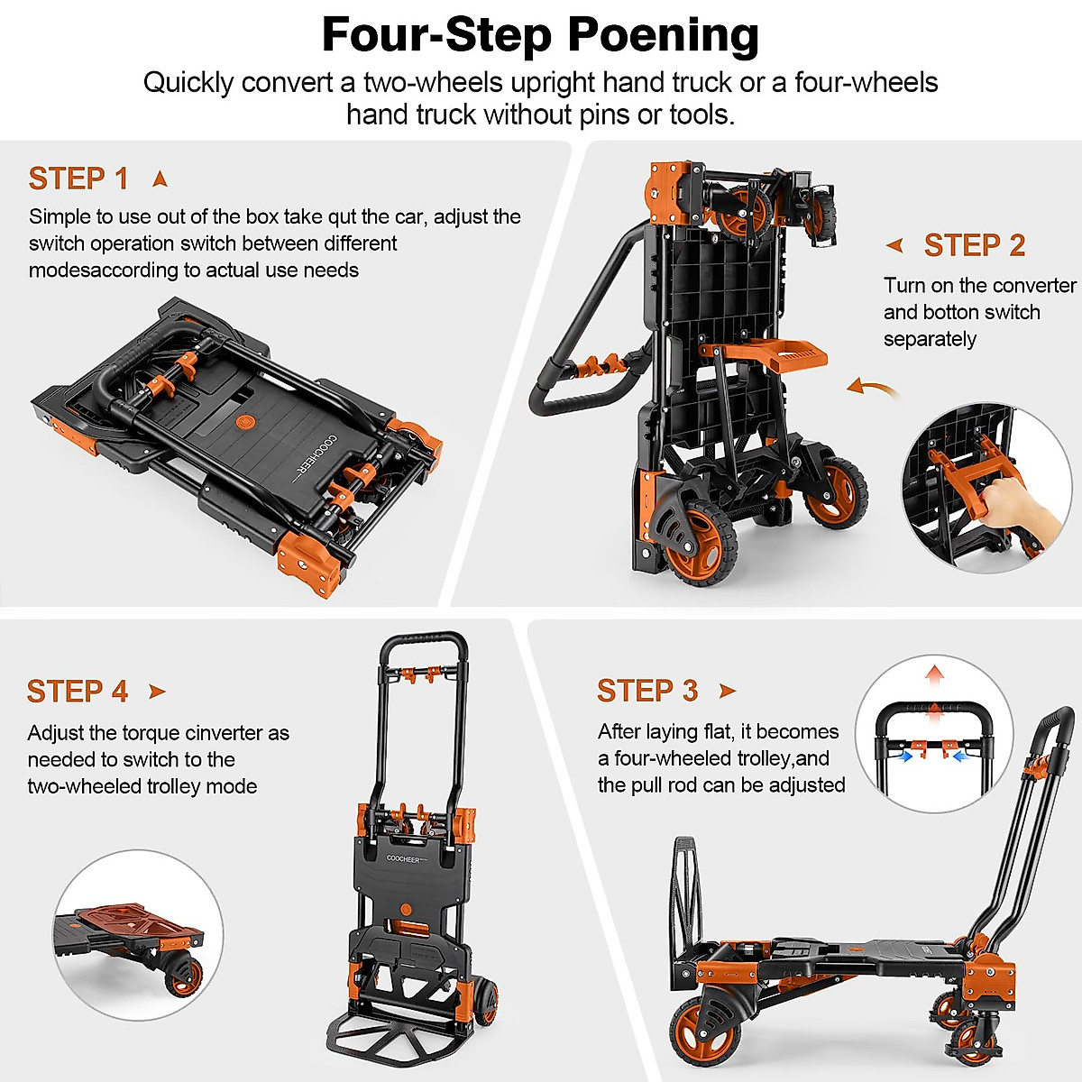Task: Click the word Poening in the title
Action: pos(663,36)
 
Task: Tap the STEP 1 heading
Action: pos(78,179)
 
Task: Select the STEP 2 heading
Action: pos(975,245)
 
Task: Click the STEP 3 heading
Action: pos(647,691)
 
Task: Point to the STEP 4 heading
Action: pos(78,692)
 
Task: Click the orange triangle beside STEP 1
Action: pos(160,179)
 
